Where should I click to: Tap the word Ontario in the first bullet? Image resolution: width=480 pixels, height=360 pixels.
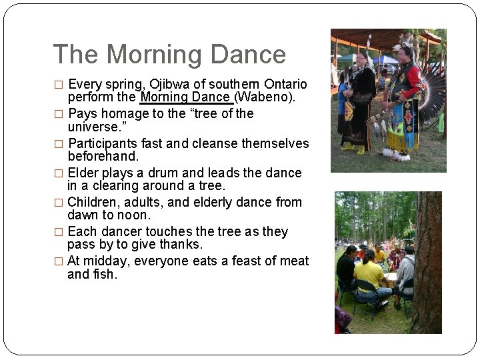(x=285, y=85)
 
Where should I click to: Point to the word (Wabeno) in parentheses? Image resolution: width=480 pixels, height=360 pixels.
(x=265, y=97)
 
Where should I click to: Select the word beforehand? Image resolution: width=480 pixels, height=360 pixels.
(x=103, y=157)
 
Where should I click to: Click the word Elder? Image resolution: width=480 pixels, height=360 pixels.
(x=84, y=173)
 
